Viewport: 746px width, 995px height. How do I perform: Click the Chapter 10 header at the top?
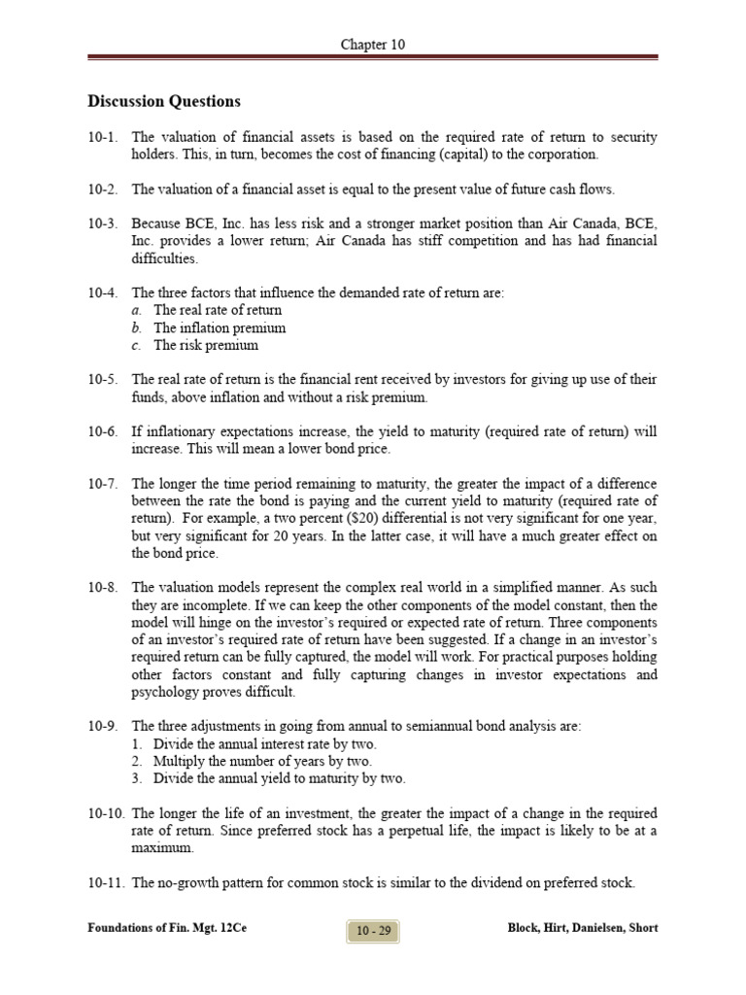click(373, 45)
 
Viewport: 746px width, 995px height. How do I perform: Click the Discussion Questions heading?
click(164, 101)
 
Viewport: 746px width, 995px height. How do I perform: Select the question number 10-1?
click(102, 138)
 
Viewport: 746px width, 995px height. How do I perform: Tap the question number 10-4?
click(102, 292)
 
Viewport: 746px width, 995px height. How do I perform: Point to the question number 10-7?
click(102, 484)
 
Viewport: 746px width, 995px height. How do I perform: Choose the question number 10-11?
click(105, 883)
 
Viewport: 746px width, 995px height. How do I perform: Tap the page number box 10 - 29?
click(373, 930)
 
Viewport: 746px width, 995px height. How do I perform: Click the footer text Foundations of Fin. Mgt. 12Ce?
click(167, 929)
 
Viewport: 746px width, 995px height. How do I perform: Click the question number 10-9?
click(102, 726)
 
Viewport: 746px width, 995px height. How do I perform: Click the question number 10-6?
click(102, 432)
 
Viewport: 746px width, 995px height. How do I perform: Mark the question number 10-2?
click(102, 189)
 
